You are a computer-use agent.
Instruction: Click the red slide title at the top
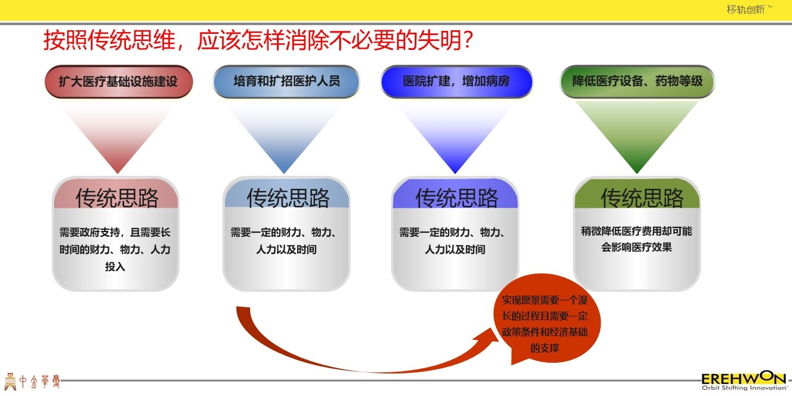tap(258, 40)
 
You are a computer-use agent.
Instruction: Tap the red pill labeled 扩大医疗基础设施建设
tap(118, 81)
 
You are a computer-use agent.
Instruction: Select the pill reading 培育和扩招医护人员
tap(286, 81)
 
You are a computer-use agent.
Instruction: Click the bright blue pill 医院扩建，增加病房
tap(456, 81)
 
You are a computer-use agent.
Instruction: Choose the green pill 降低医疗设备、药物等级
tap(637, 81)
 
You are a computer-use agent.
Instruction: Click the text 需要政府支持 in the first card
tap(90, 233)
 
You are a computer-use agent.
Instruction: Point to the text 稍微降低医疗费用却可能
tap(636, 231)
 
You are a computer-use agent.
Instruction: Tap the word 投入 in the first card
tap(115, 267)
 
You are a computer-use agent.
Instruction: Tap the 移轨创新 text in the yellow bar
tap(745, 9)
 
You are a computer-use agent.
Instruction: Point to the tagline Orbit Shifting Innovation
tap(744, 388)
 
